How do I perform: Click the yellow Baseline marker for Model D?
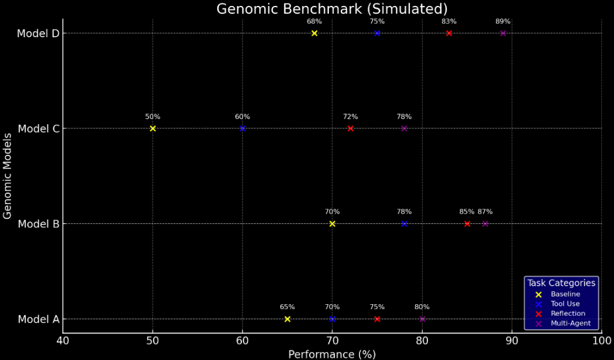tap(314, 33)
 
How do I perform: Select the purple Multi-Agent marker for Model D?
tap(503, 33)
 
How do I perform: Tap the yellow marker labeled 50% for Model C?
tap(152, 128)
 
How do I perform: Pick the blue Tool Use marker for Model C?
tap(242, 128)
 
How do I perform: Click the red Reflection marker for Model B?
tap(467, 224)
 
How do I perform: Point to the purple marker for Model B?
tap(485, 224)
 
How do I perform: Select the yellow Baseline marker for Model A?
tap(287, 319)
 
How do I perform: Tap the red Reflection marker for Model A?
tap(377, 319)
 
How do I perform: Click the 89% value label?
tap(503, 22)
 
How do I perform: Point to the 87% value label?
tap(485, 212)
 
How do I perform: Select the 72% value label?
tap(351, 117)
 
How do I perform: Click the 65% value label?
tap(287, 307)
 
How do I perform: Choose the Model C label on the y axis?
tap(38, 128)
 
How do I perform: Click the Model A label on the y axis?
tap(38, 319)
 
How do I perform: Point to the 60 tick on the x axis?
tap(242, 341)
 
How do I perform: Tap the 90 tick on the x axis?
tap(512, 341)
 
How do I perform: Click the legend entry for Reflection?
tap(568, 313)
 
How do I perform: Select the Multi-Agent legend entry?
tap(570, 323)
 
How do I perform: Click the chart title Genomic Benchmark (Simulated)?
tap(332, 9)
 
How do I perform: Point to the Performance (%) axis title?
tap(332, 354)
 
